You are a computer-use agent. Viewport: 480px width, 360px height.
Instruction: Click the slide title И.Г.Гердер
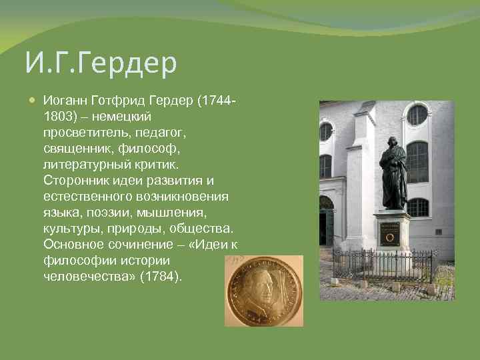[101, 64]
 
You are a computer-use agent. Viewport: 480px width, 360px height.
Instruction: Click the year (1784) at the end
[161, 276]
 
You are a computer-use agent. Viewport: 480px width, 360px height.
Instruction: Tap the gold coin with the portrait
[263, 290]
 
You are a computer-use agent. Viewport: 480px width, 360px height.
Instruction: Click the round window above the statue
[417, 115]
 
